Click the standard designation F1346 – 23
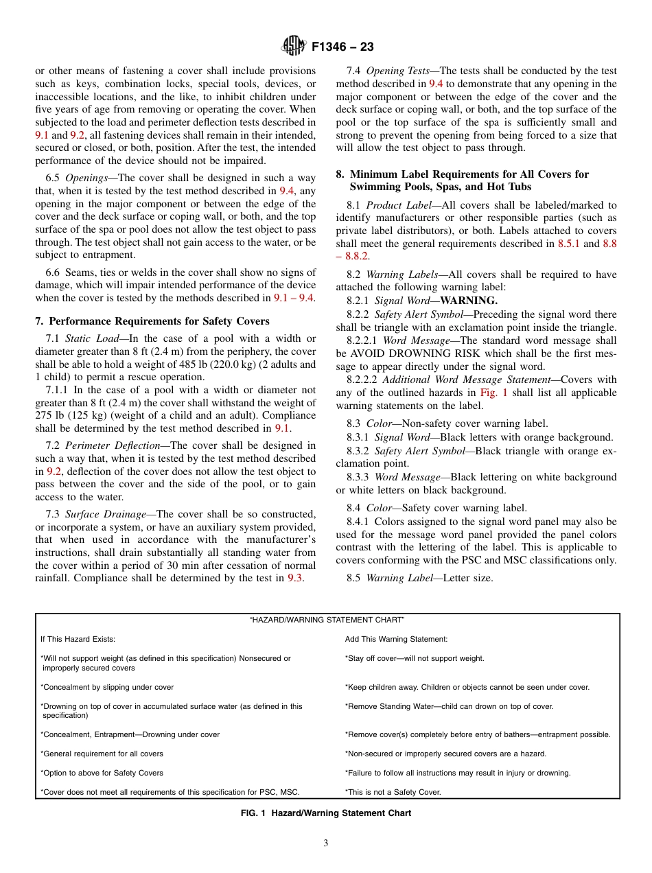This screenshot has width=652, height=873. tap(342, 47)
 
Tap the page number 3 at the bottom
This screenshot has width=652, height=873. tap(326, 843)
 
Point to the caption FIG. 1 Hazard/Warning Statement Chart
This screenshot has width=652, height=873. tap(326, 813)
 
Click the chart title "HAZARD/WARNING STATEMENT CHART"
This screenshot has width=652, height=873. tap(327, 620)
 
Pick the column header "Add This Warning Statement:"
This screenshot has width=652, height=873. tap(396, 639)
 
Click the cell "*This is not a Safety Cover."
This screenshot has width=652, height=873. tap(393, 792)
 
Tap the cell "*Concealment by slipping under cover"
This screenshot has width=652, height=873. tap(107, 687)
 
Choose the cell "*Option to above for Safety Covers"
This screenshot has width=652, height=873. tap(102, 773)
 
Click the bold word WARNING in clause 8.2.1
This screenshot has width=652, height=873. tap(469, 301)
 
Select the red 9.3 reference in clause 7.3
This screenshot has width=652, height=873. tap(294, 578)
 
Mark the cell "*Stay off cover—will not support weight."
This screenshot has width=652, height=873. tap(415, 658)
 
